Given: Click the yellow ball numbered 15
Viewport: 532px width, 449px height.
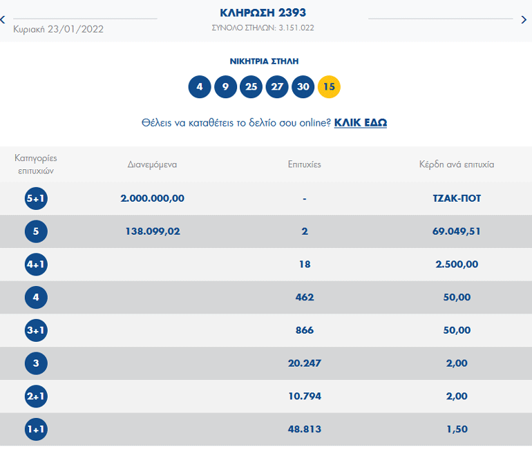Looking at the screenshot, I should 329,87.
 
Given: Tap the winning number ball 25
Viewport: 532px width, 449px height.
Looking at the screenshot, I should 251,87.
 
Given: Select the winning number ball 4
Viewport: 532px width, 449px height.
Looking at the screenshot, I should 200,87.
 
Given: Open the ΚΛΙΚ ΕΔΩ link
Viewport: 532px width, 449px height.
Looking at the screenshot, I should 360,123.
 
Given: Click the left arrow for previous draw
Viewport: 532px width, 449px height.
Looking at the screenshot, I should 3,20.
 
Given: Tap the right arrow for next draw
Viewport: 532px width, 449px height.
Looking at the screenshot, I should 524,20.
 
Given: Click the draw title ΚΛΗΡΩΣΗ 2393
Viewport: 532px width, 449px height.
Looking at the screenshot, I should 263,12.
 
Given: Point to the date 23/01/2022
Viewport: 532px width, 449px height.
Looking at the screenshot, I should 58,29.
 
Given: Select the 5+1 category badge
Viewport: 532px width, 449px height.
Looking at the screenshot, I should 35,199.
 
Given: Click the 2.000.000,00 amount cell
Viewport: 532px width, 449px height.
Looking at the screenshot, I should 152,198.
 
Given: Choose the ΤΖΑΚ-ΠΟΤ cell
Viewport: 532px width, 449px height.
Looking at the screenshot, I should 452,198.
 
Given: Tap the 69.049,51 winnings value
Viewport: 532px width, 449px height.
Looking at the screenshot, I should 452,231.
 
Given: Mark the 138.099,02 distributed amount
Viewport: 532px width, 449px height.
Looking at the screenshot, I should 152,231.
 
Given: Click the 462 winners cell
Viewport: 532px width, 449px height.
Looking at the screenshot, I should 304,298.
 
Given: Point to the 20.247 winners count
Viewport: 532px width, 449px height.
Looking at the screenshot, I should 304,363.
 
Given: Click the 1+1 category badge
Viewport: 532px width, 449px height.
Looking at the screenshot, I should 35,430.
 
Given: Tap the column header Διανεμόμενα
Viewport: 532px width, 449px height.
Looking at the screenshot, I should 152,164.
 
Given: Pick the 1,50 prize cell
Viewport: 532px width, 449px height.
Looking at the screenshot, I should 456,430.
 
